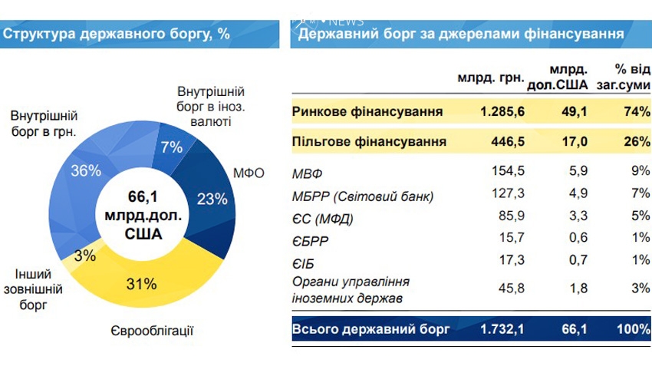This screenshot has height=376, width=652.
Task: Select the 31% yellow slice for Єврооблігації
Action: coord(141,284)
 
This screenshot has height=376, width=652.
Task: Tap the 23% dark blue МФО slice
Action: coord(212,199)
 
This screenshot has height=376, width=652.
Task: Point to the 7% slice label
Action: coord(171,147)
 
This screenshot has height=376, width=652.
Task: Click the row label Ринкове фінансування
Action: coord(367,112)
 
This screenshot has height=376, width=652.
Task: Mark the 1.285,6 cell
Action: coord(502,112)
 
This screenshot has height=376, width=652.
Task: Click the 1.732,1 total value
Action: coord(502,330)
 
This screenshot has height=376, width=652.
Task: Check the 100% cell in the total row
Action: coord(631,330)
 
